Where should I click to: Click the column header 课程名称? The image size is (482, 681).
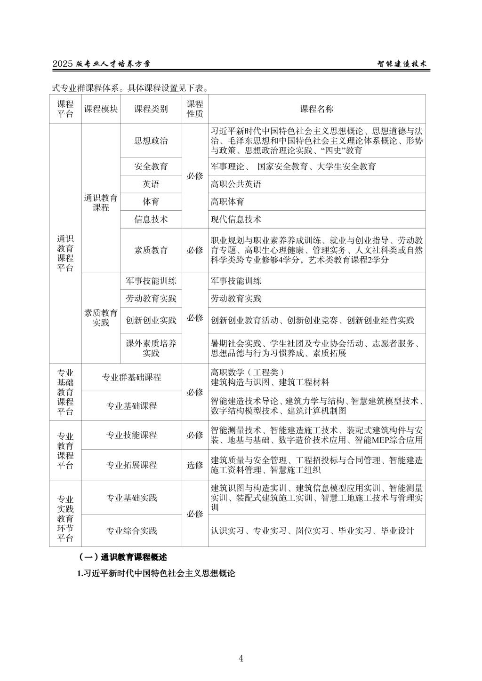click(316, 109)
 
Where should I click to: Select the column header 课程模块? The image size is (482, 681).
click(101, 109)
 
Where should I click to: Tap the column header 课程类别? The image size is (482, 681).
click(151, 109)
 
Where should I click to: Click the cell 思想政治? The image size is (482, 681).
click(151, 141)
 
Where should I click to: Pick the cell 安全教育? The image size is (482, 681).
click(151, 166)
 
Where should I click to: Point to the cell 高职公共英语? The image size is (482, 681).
click(236, 184)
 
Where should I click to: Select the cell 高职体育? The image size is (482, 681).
click(227, 202)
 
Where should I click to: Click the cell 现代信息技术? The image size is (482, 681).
click(236, 219)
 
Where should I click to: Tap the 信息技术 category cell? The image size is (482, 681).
click(151, 219)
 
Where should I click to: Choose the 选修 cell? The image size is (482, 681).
click(195, 465)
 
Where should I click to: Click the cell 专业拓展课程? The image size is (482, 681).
click(131, 465)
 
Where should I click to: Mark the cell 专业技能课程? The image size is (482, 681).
click(131, 435)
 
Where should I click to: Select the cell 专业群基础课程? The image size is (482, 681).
click(131, 377)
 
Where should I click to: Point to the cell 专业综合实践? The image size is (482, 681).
click(131, 531)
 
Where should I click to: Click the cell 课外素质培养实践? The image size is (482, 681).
click(151, 348)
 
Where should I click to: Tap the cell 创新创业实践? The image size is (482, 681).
click(151, 320)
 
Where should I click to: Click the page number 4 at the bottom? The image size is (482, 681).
click(241, 658)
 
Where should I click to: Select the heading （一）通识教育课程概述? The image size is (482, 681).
click(123, 557)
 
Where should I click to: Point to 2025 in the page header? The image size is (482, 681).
click(63, 64)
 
